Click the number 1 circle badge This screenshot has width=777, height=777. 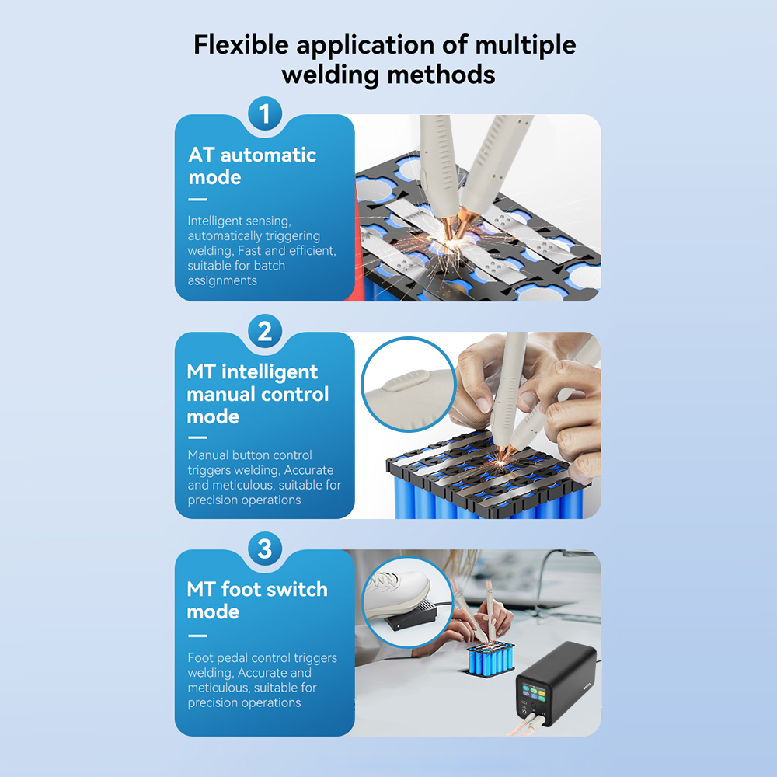coord(265,113)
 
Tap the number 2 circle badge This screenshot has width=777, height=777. coord(265,331)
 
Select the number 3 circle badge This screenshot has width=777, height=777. coord(265,549)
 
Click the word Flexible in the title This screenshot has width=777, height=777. coord(241,44)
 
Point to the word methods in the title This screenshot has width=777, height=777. coord(441,75)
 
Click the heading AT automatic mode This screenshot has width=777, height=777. coord(253,166)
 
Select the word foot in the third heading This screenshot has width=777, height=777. coord(241,589)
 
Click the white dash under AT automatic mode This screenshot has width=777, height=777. coord(197,200)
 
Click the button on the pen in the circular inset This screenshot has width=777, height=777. coord(406,381)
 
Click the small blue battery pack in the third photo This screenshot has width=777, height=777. coord(490,660)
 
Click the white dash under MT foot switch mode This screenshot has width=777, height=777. coord(197,636)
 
